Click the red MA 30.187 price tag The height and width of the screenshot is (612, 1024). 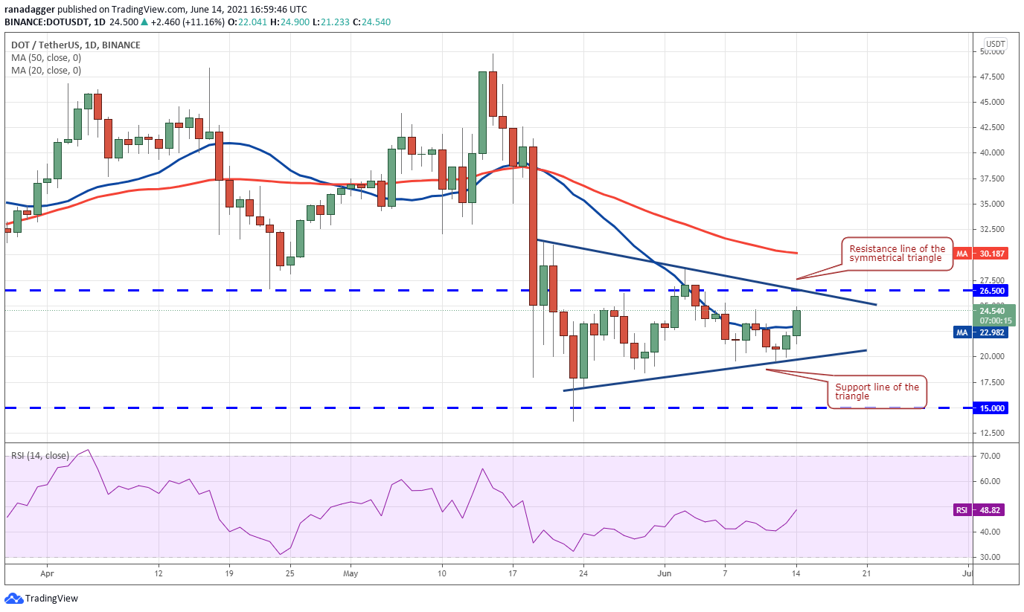pyautogui.click(x=981, y=254)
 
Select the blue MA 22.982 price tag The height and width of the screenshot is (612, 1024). pyautogui.click(x=981, y=332)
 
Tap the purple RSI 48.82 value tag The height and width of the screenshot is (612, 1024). pyautogui.click(x=979, y=510)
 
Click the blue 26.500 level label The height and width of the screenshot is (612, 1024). pyautogui.click(x=991, y=291)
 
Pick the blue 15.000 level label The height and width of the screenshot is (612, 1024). pyautogui.click(x=991, y=408)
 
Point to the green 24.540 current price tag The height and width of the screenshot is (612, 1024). pyautogui.click(x=994, y=315)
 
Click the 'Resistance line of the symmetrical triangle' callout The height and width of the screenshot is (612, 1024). pyautogui.click(x=897, y=254)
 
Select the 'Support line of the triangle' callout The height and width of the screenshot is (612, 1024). pyautogui.click(x=877, y=392)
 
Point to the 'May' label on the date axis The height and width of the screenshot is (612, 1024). pyautogui.click(x=351, y=573)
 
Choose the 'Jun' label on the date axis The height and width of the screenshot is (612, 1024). pyautogui.click(x=665, y=573)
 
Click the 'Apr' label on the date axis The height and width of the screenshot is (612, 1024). pyautogui.click(x=47, y=573)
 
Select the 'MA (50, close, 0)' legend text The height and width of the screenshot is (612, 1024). pyautogui.click(x=46, y=58)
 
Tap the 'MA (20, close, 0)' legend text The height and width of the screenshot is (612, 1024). pyautogui.click(x=46, y=71)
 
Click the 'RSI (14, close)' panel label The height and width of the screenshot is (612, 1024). pyautogui.click(x=40, y=455)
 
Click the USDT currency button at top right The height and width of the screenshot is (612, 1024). pyautogui.click(x=995, y=44)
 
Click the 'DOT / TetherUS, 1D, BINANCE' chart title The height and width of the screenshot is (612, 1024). pyautogui.click(x=76, y=45)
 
